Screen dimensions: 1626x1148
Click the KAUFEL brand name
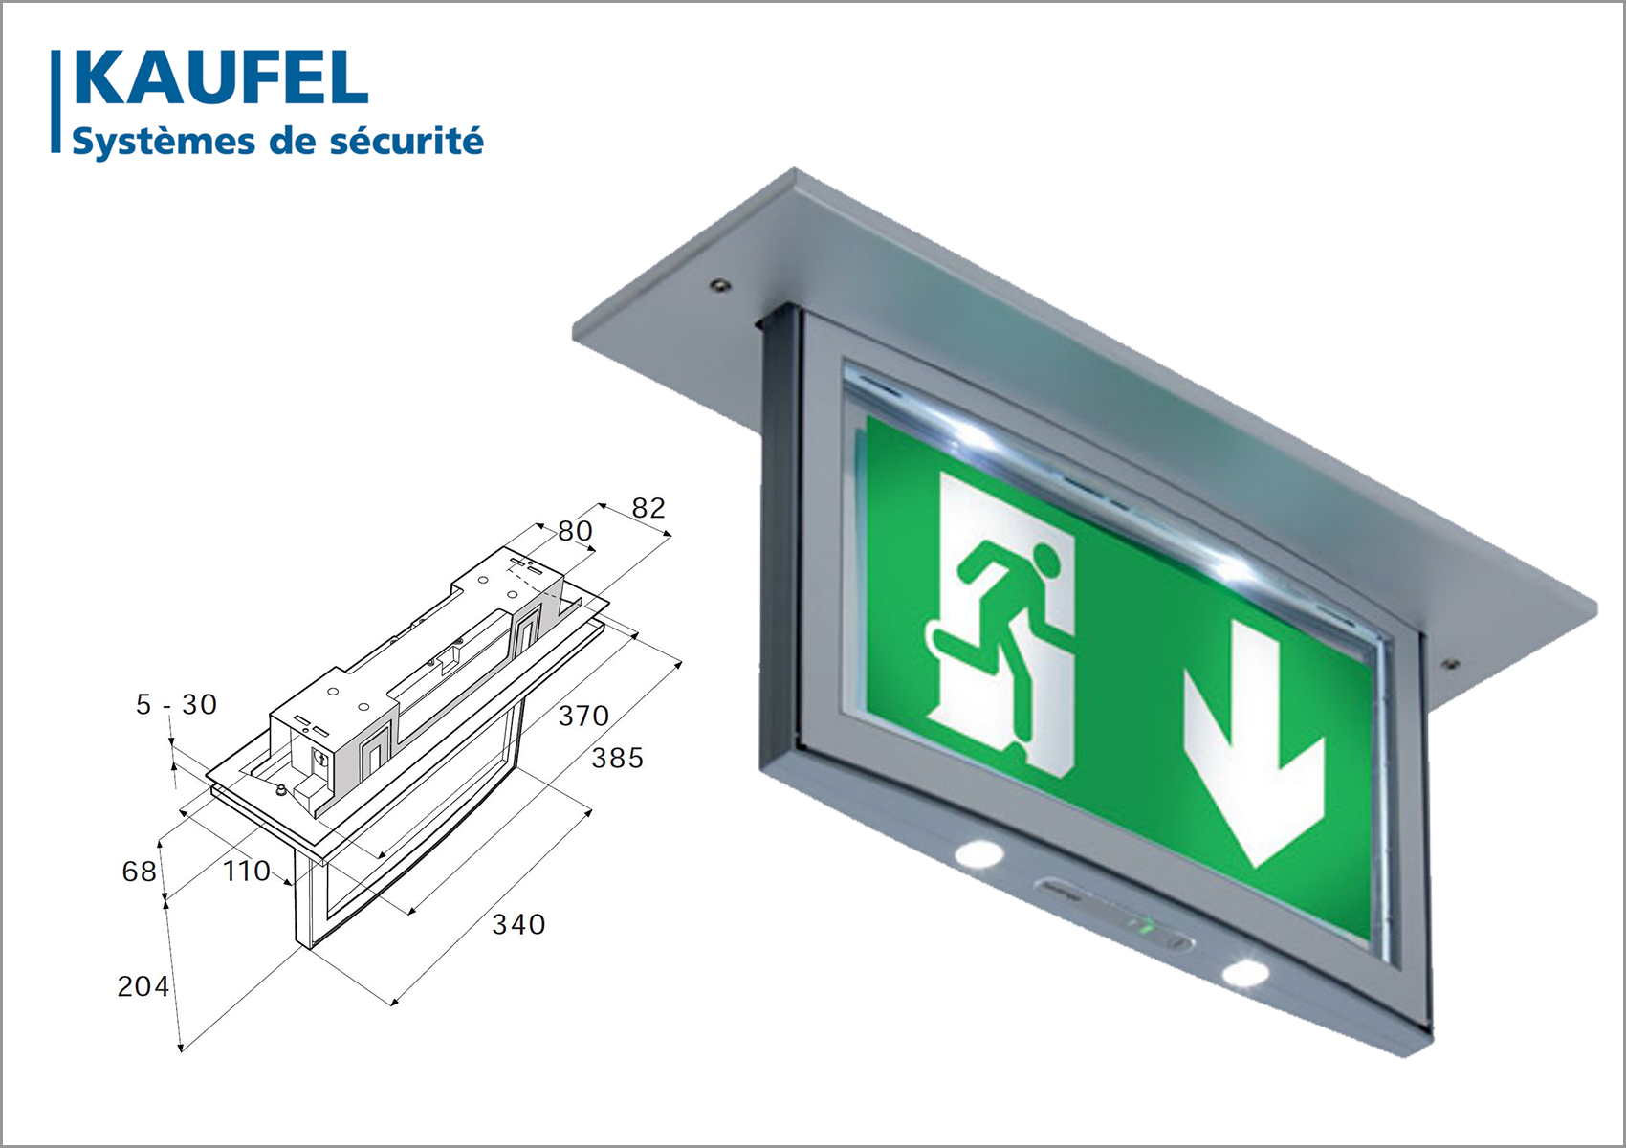pos(221,77)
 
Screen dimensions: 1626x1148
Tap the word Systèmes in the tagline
pos(164,142)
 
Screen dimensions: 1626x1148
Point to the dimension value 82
pos(648,508)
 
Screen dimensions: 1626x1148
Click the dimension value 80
pos(575,531)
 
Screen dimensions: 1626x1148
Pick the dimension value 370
pos(582,716)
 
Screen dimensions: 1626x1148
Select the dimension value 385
pos(617,758)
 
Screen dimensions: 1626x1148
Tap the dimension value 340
pos(518,924)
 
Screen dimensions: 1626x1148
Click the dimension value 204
pos(143,986)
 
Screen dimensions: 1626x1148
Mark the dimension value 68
pos(139,872)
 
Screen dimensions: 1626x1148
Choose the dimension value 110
pos(246,872)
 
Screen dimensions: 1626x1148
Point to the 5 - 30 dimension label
pos(176,704)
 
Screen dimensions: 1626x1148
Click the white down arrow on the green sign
pos(1254,755)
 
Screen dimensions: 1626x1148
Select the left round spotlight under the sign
pos(978,854)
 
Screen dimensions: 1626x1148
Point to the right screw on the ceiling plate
pos(1450,664)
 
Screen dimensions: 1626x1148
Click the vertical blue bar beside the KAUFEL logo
pos(55,101)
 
